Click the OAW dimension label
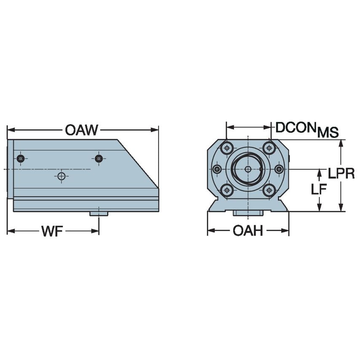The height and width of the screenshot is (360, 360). pyautogui.click(x=81, y=130)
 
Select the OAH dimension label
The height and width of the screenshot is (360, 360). pyautogui.click(x=247, y=231)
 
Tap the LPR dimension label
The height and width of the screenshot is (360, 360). pyautogui.click(x=341, y=173)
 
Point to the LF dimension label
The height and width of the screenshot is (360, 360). pyautogui.click(x=319, y=190)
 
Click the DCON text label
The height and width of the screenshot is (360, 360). pyautogui.click(x=295, y=127)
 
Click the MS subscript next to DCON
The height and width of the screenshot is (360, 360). pyautogui.click(x=328, y=133)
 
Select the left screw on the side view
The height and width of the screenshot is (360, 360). pyautogui.click(x=20, y=159)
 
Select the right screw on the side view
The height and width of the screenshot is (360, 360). pyautogui.click(x=99, y=159)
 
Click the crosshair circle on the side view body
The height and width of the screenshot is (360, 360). pyautogui.click(x=62, y=176)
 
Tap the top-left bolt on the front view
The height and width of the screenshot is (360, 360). pyautogui.click(x=227, y=148)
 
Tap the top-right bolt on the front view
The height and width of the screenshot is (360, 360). pyautogui.click(x=269, y=148)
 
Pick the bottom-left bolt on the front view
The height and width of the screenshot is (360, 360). pyautogui.click(x=227, y=190)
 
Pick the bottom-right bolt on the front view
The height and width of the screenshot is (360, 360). pyautogui.click(x=269, y=190)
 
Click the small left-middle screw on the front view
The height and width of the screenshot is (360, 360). pyautogui.click(x=217, y=169)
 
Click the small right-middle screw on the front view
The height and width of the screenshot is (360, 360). pyautogui.click(x=279, y=169)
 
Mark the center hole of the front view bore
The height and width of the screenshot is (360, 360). pyautogui.click(x=248, y=169)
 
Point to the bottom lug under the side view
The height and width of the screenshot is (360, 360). pyautogui.click(x=99, y=214)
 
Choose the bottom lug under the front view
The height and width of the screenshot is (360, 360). pyautogui.click(x=248, y=213)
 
